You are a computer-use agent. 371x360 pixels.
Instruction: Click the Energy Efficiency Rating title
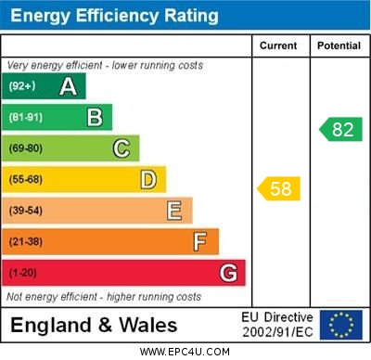114,16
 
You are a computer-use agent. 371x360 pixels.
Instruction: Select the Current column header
278,45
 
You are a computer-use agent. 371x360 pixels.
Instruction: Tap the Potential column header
339,45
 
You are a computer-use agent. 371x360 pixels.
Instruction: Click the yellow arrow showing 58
279,189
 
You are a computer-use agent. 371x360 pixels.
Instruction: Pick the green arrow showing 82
340,129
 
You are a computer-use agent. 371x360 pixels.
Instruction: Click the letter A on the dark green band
68,86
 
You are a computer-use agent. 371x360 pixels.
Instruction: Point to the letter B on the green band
95,117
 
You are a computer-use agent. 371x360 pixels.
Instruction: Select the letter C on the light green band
122,148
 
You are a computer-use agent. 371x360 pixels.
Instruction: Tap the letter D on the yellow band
148,179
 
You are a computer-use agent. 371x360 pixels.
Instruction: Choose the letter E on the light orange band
174,211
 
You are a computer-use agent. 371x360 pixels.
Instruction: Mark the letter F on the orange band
200,242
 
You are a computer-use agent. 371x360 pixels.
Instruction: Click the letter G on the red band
228,274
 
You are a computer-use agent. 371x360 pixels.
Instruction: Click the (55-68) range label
26,180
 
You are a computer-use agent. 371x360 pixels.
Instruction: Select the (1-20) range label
23,274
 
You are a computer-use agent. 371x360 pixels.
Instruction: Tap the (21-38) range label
26,242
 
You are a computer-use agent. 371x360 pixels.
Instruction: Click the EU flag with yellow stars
341,325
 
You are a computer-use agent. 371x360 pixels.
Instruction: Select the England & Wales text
94,326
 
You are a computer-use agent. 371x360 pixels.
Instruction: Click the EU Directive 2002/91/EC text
277,325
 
